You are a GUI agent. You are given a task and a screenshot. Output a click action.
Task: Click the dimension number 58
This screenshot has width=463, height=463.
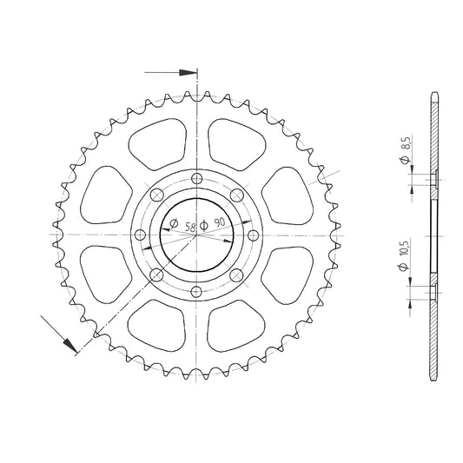point(190,227)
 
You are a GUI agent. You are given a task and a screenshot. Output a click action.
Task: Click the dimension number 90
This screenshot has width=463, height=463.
point(220,222)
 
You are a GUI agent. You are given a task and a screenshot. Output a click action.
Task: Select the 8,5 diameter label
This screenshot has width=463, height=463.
point(406,142)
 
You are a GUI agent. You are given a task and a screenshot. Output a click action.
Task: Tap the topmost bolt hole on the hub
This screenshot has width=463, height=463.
point(196,178)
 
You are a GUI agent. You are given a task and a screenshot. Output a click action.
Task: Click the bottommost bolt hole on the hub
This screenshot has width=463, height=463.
point(196,292)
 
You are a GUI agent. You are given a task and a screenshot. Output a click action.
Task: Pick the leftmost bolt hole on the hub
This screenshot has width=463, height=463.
point(140,235)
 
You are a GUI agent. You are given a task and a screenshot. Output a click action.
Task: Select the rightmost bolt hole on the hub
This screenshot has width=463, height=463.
point(253,235)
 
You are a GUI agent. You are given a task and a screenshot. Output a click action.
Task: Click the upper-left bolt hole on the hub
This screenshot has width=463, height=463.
point(156,195)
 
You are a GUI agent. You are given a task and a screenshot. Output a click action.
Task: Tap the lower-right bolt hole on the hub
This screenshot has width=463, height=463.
point(236,275)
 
